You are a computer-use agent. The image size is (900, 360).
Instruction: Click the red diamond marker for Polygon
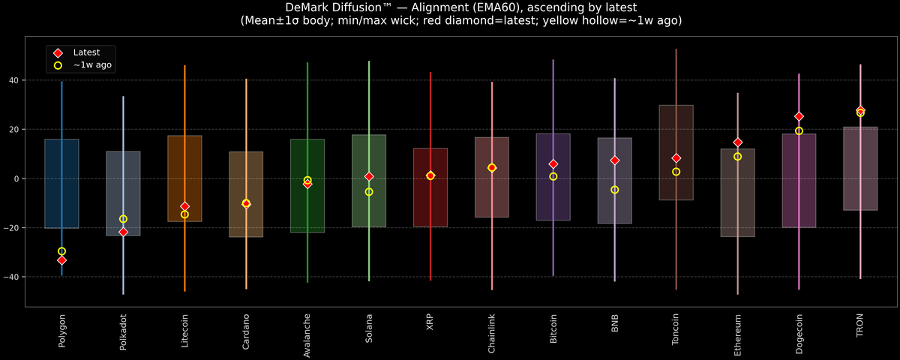(61, 260)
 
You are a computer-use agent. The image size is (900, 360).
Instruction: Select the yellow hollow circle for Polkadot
(123, 219)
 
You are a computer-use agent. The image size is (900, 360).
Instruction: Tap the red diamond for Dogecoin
(799, 117)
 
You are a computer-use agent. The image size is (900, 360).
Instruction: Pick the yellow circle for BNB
(614, 190)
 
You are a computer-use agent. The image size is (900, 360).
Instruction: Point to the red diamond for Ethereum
(737, 142)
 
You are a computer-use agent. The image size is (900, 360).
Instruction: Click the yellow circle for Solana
(369, 192)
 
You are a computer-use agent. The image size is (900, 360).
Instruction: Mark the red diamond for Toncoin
(676, 158)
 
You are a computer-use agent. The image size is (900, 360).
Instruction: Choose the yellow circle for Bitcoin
(553, 176)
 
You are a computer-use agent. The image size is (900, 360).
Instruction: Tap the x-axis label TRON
(860, 327)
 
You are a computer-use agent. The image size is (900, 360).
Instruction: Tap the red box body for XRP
(430, 202)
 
